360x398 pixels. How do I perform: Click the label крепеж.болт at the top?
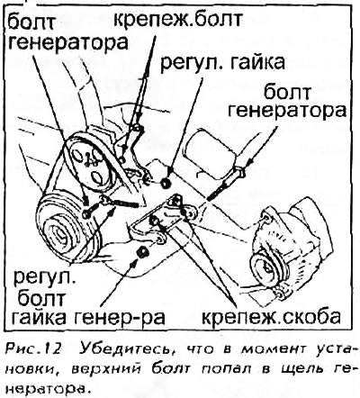[178, 21]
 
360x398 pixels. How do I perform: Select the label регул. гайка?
[222, 63]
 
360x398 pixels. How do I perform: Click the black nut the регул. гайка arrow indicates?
[166, 183]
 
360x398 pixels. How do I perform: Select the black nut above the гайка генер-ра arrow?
[142, 251]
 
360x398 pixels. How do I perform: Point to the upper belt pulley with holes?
[89, 164]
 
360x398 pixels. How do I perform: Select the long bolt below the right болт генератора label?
[225, 185]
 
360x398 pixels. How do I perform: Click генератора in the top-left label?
[67, 42]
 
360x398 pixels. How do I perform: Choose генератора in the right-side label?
[287, 111]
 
